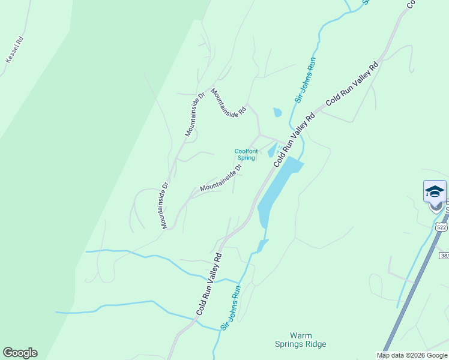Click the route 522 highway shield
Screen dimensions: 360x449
coord(441,227)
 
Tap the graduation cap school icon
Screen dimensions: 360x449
coord(435,191)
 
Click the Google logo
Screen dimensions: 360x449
coord(20,353)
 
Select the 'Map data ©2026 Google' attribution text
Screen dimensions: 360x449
coord(412,355)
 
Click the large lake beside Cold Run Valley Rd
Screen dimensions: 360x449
coord(278,186)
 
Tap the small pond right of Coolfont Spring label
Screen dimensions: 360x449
coord(271,150)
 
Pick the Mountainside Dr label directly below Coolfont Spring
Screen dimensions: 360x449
coord(221,178)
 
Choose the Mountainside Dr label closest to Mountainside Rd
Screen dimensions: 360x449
coord(194,114)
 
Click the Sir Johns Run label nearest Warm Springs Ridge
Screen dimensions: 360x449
coord(231,307)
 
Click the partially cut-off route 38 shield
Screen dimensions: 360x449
coord(444,256)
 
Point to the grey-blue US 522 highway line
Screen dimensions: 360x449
coord(414,288)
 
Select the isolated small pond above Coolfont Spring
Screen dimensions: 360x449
coord(277,112)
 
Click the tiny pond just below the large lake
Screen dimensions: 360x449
coord(262,245)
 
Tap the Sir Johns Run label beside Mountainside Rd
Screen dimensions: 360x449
coord(305,80)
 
